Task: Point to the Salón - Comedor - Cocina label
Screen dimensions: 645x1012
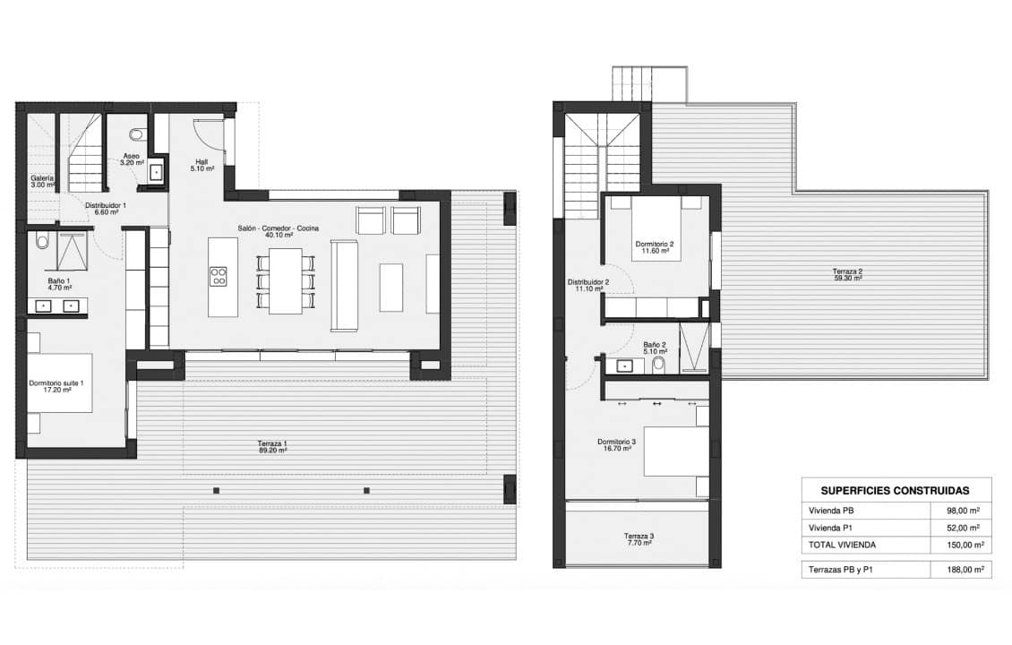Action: [x=278, y=229]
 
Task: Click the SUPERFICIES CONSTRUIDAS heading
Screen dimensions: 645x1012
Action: [x=895, y=490]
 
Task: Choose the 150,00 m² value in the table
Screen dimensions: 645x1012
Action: [x=965, y=544]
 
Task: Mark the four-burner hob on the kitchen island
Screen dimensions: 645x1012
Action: [x=218, y=276]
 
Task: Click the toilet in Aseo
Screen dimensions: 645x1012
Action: [x=136, y=135]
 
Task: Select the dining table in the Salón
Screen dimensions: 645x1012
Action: [x=286, y=279]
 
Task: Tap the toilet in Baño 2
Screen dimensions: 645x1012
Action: [x=659, y=364]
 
